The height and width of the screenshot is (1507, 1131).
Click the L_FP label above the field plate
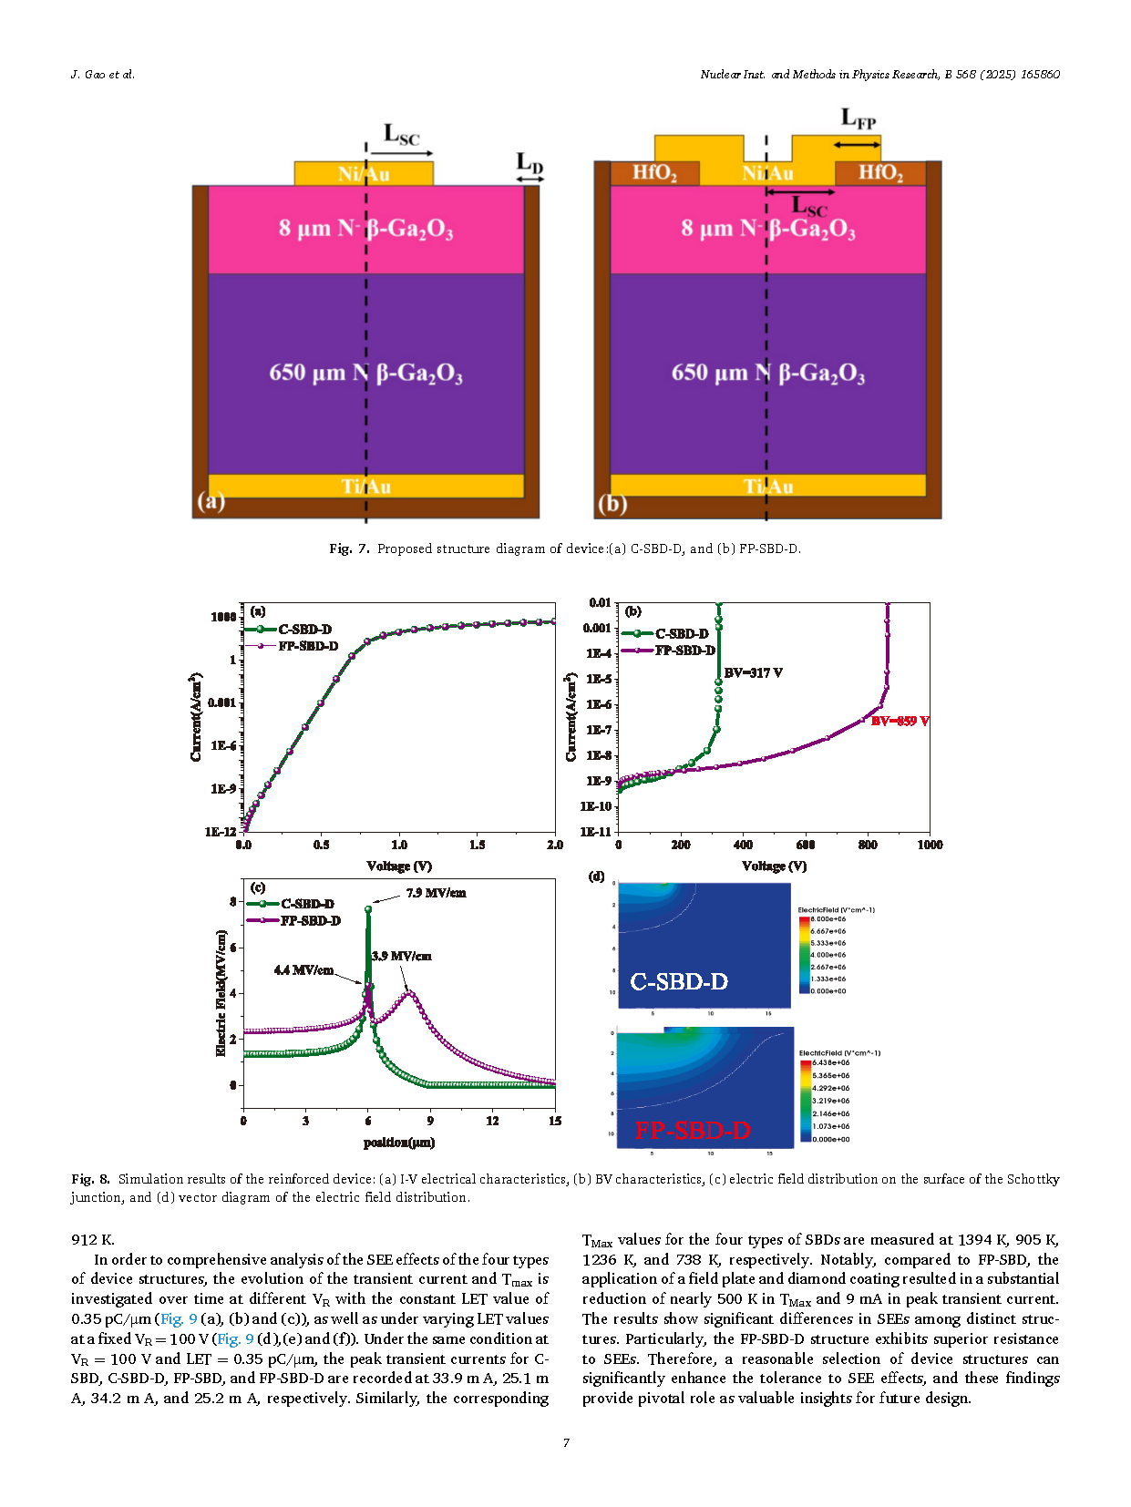pyautogui.click(x=858, y=119)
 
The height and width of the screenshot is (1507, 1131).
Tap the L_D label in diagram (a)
pyautogui.click(x=530, y=163)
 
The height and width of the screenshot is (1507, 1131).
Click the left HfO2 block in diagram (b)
pyautogui.click(x=654, y=173)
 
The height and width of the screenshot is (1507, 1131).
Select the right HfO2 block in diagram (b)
pyautogui.click(x=880, y=173)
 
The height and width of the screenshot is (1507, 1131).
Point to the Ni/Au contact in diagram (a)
pyautogui.click(x=364, y=174)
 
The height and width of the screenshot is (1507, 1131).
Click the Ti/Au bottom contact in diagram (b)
pyautogui.click(x=768, y=487)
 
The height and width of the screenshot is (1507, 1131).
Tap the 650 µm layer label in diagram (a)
pyautogui.click(x=365, y=374)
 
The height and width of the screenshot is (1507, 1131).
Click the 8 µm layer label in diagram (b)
pyautogui.click(x=768, y=228)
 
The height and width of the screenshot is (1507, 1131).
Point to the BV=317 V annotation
pyautogui.click(x=753, y=673)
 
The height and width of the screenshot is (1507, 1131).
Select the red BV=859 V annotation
pyautogui.click(x=900, y=722)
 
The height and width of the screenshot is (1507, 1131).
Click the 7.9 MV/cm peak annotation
pyautogui.click(x=436, y=893)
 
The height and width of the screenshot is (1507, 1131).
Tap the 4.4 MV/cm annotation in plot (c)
pyautogui.click(x=303, y=970)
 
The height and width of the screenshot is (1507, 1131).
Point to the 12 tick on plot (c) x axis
pyautogui.click(x=492, y=1121)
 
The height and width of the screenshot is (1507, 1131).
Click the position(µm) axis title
pyautogui.click(x=399, y=1143)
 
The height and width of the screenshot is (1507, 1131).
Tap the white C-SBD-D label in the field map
pyautogui.click(x=679, y=982)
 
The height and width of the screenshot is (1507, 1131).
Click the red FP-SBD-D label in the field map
pyautogui.click(x=693, y=1131)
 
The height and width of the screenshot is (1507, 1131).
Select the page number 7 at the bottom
pyautogui.click(x=566, y=1443)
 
